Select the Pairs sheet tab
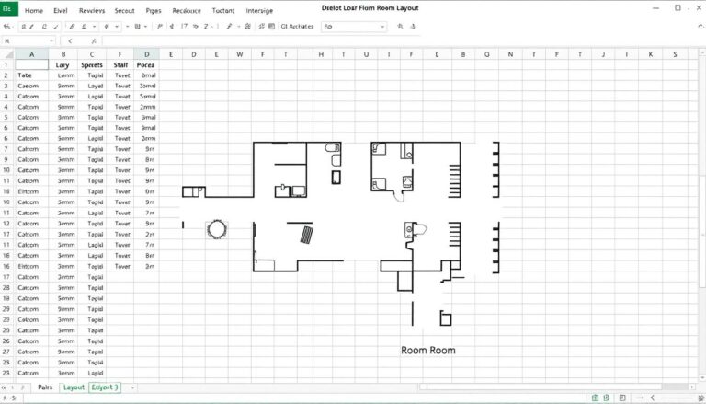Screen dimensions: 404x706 point(44,387)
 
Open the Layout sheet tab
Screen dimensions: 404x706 point(74,387)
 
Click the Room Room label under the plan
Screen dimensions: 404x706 point(427,351)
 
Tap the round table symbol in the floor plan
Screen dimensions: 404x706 point(218,228)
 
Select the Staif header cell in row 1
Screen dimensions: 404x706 point(120,66)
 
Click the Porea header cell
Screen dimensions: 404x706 point(146,66)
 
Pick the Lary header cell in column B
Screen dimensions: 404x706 point(63,66)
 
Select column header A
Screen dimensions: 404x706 point(31,54)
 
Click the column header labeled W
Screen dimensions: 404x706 point(241,54)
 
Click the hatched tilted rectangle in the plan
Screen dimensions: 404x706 point(303,235)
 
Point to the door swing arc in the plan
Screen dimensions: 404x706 point(399,194)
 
